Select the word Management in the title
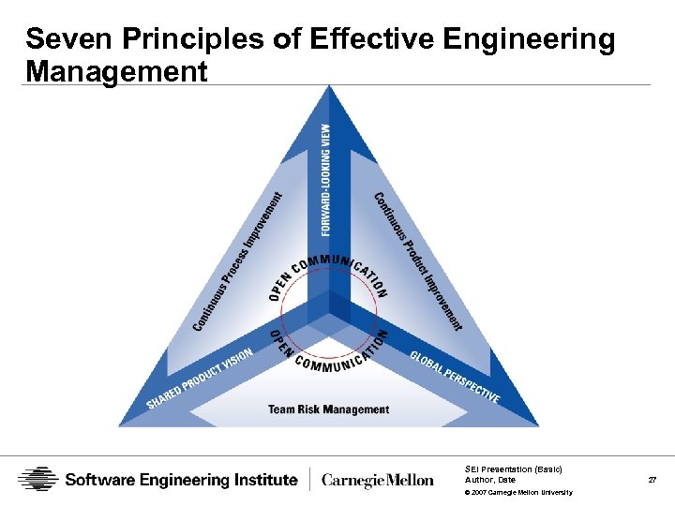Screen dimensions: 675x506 pyautogui.click(x=117, y=71)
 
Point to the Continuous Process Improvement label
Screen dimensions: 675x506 pyautogui.click(x=238, y=261)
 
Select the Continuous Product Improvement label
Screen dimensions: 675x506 pyautogui.click(x=419, y=260)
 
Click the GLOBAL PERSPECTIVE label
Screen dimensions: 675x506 pyautogui.click(x=455, y=377)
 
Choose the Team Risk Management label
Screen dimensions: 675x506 pyautogui.click(x=328, y=409)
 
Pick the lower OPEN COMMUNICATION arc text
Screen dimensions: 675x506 pyautogui.click(x=329, y=351)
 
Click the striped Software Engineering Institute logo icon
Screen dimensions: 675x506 pyautogui.click(x=38, y=480)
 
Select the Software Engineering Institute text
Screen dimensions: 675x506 pyautogui.click(x=181, y=480)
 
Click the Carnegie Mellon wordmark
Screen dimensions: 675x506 pyautogui.click(x=378, y=481)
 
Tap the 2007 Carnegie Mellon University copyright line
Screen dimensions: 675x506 pyautogui.click(x=518, y=492)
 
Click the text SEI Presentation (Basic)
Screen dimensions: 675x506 pyautogui.click(x=513, y=469)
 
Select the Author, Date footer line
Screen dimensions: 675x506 pyautogui.click(x=490, y=480)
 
